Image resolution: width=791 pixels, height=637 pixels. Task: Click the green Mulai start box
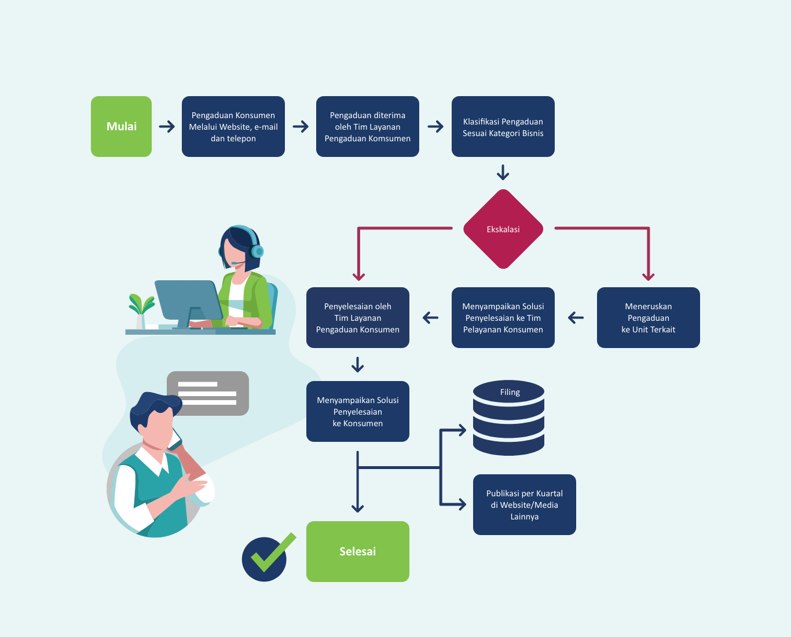(x=121, y=126)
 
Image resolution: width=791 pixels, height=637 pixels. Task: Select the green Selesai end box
(x=358, y=551)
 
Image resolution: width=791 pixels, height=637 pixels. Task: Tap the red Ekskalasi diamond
(x=503, y=229)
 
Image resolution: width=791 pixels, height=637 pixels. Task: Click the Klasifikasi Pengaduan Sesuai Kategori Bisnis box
(x=503, y=126)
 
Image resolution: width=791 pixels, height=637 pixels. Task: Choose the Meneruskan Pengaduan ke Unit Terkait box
(x=649, y=317)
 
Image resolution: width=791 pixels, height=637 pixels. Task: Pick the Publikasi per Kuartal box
(x=525, y=504)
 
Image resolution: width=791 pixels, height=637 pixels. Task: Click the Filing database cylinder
(x=509, y=418)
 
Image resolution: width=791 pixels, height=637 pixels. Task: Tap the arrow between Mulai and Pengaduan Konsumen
(x=167, y=126)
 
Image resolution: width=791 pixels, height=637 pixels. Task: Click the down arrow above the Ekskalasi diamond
(x=503, y=173)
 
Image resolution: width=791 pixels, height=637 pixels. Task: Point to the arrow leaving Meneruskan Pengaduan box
(x=576, y=317)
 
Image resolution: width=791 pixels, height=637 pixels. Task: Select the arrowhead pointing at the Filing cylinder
(x=462, y=430)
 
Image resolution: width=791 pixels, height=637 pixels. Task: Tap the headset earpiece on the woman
(x=257, y=251)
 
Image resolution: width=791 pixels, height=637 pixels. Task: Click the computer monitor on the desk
(x=188, y=303)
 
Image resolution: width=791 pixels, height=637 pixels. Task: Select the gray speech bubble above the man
(x=208, y=393)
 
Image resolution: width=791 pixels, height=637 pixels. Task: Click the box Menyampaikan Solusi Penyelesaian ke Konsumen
(x=358, y=411)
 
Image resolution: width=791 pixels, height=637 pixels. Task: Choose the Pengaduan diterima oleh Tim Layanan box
(x=368, y=126)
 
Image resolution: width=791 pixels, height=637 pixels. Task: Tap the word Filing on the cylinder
(x=510, y=392)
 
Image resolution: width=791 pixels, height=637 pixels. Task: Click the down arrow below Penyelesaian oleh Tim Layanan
(x=358, y=364)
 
